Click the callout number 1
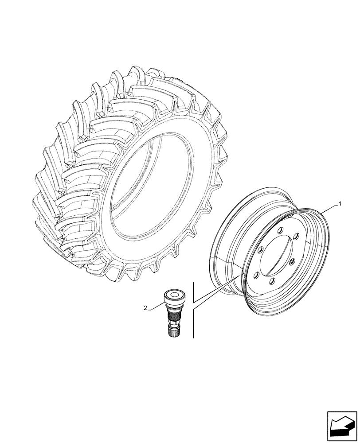click(340, 204)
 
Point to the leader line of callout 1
click(330, 209)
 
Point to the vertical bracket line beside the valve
click(193, 310)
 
